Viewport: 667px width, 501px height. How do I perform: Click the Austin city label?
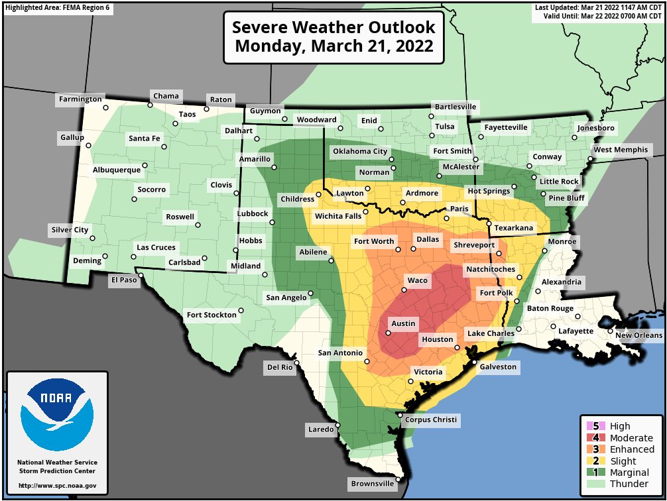(403, 323)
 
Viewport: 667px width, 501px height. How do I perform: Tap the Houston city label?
(438, 339)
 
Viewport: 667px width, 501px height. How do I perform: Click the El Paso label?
(123, 280)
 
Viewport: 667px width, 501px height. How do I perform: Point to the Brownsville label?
(372, 484)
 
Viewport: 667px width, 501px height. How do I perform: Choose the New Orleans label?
(638, 335)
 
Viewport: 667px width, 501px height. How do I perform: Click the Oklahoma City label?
(360, 151)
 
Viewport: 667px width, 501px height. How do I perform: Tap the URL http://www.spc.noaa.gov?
(57, 486)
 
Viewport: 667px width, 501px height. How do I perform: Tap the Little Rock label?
(559, 182)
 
